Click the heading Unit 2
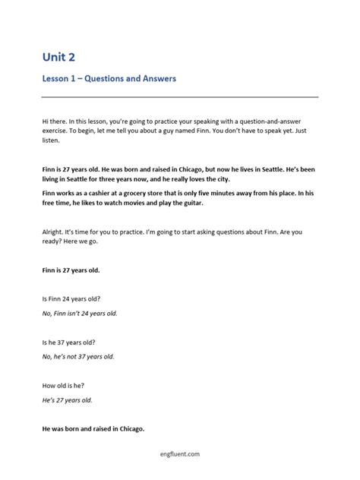59,56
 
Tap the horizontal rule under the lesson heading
179,96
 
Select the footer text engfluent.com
179,454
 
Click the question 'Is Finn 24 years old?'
73,299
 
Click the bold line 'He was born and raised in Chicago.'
93,428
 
